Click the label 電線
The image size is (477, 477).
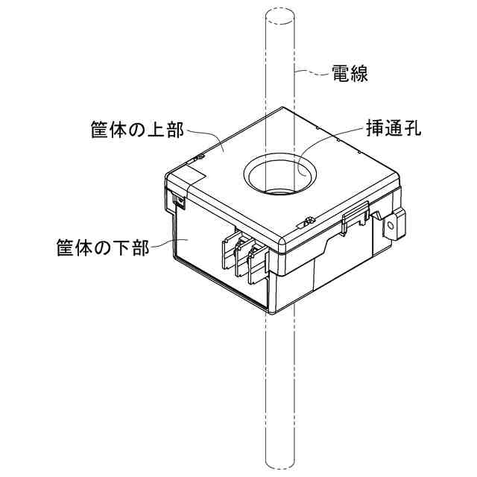point(350,74)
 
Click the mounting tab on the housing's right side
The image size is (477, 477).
point(393,226)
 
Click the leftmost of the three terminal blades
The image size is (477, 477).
point(227,253)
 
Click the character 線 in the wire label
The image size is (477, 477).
point(360,74)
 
